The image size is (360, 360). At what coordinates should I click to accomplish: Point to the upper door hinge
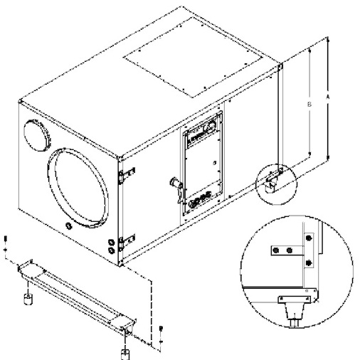[x=127, y=174]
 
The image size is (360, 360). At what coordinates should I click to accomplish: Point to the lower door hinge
[x=127, y=243]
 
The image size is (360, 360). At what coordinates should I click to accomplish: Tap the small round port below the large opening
[x=70, y=226]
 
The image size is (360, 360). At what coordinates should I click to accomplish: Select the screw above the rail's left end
[x=6, y=242]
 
